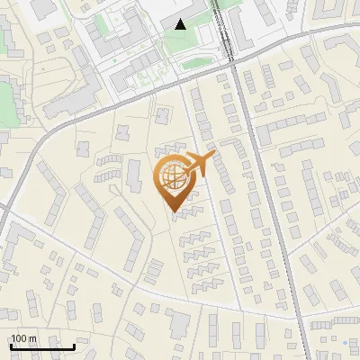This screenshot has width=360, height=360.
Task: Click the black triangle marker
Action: point(181,24)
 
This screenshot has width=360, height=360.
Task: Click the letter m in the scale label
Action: point(33,339)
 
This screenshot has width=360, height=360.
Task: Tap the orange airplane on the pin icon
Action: point(197,165)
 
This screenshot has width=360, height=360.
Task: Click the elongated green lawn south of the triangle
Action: point(200,64)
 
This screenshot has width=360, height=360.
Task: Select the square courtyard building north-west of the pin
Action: point(163,116)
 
